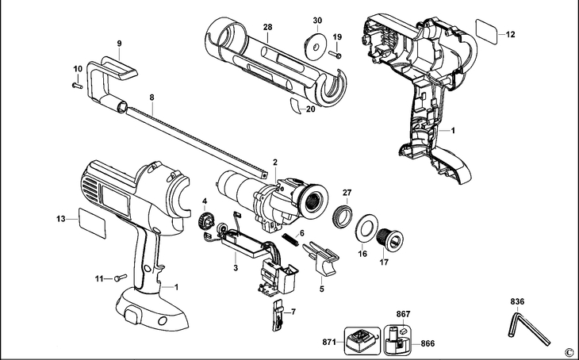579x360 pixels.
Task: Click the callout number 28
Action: click(x=268, y=27)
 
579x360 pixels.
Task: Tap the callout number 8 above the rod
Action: click(x=151, y=98)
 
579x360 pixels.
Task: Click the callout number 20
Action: click(x=310, y=109)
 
